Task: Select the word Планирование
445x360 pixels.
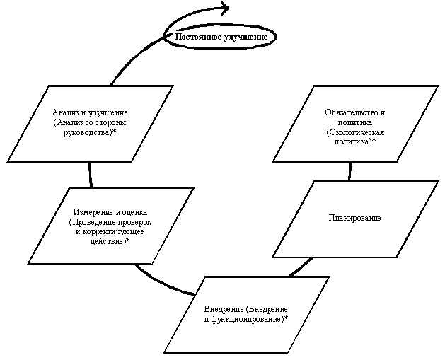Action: [355, 218]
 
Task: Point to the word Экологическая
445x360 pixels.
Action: [355, 132]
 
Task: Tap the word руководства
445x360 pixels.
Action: [93, 132]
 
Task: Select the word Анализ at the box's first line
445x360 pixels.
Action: [66, 113]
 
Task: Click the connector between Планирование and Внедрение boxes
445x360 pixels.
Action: [300, 267]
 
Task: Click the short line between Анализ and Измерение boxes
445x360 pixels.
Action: [91, 175]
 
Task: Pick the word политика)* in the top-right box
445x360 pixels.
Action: [355, 141]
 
